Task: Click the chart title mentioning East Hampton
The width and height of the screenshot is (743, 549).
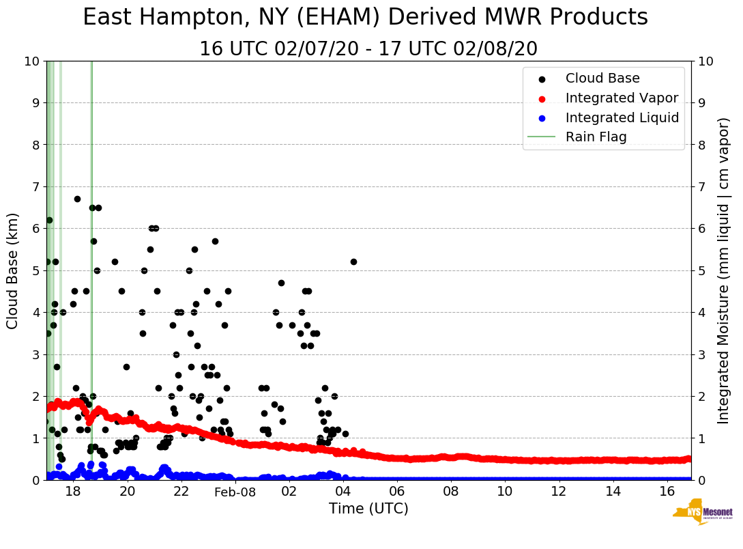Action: click(365, 18)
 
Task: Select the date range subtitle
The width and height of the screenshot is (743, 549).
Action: click(368, 49)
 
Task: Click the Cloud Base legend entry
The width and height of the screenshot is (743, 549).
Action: click(602, 79)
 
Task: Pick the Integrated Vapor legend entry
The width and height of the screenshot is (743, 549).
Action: click(622, 98)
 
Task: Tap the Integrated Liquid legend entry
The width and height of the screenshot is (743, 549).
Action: click(622, 117)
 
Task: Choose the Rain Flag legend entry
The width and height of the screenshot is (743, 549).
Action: click(596, 137)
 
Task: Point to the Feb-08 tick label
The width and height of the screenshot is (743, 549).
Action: click(235, 492)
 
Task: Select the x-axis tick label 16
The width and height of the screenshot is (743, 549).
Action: click(666, 492)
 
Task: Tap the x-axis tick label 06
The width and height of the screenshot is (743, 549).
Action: click(396, 492)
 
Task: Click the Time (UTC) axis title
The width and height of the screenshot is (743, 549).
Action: click(368, 509)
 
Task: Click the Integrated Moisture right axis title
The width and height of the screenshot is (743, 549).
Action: click(723, 270)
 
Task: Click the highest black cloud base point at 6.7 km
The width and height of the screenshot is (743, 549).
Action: click(77, 199)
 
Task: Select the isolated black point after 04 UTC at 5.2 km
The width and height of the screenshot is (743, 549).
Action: click(353, 262)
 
